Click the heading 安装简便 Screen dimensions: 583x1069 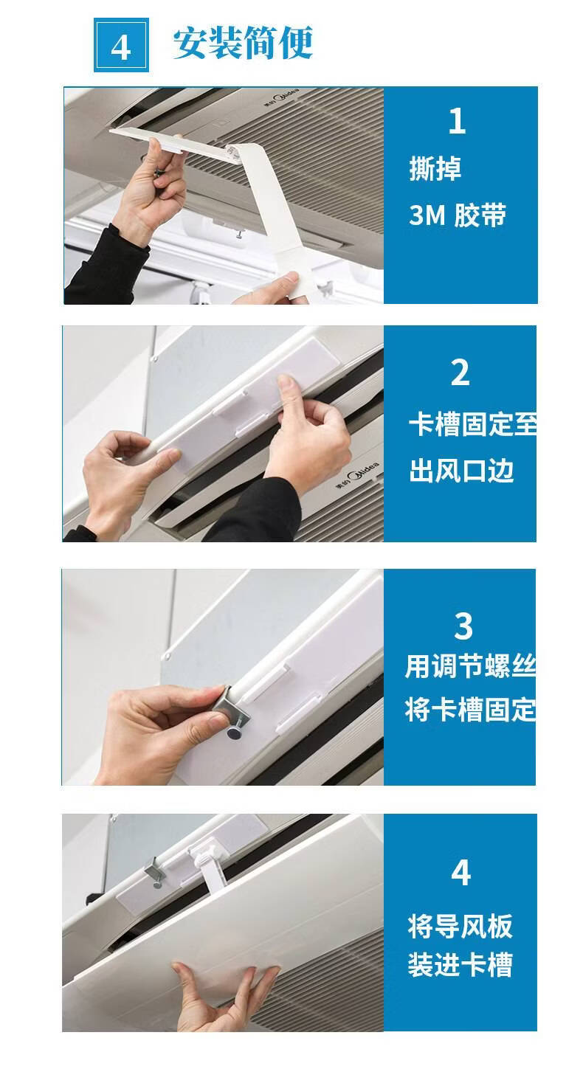[243, 44]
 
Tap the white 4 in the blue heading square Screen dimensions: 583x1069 [121, 47]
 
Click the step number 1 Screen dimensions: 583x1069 [457, 121]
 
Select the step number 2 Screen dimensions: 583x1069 [460, 373]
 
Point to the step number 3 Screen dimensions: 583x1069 [463, 626]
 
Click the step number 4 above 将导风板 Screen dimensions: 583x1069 [460, 872]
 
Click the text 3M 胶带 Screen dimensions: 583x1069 [458, 215]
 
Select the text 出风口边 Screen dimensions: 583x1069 [461, 471]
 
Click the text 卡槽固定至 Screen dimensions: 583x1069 [473, 424]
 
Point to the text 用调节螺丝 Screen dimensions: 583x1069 [470, 667]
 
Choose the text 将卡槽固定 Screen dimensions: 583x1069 [470, 710]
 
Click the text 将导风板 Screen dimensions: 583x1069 [460, 927]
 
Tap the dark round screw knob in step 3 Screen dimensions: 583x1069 [234, 733]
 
